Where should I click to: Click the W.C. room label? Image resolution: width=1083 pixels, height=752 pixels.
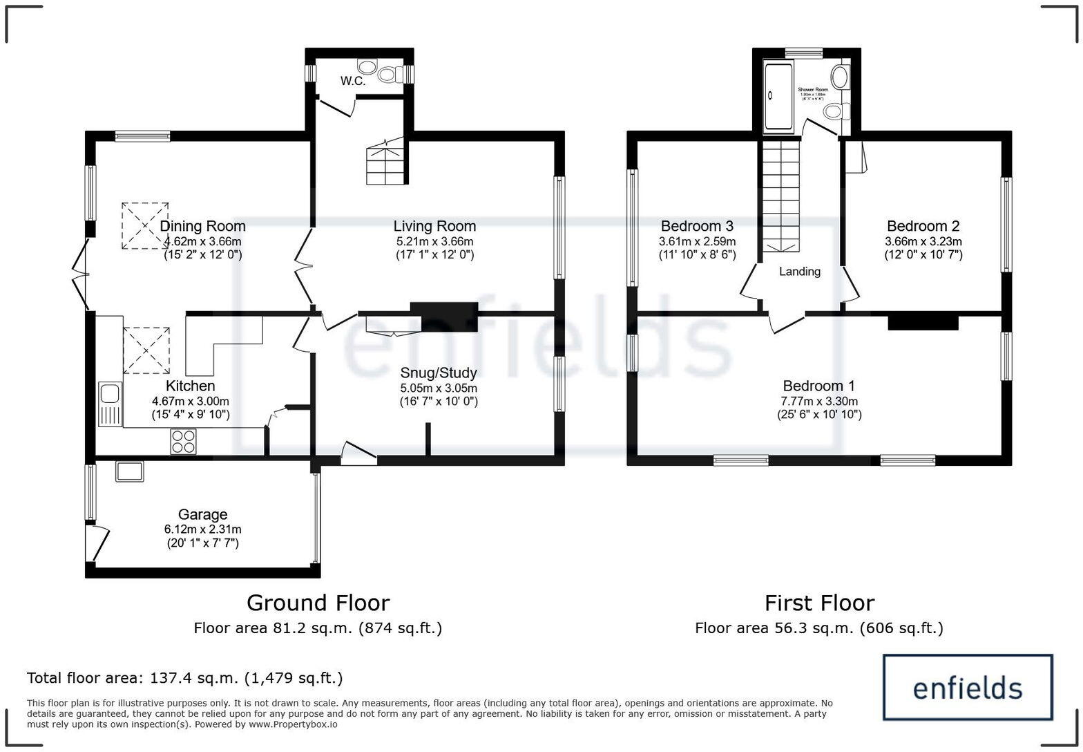(x=352, y=81)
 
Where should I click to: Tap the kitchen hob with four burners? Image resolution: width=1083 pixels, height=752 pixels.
(x=183, y=442)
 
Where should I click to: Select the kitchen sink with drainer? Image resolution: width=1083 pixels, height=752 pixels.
(x=110, y=404)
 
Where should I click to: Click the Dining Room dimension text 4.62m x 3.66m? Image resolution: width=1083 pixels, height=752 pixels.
(x=202, y=241)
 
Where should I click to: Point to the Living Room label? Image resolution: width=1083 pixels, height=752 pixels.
(x=434, y=226)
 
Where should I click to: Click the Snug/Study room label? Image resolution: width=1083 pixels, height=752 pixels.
(x=439, y=373)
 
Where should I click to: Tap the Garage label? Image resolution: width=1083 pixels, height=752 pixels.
(x=202, y=514)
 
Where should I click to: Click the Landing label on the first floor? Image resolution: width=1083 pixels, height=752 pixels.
(x=800, y=272)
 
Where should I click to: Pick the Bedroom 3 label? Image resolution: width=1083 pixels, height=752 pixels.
(x=697, y=226)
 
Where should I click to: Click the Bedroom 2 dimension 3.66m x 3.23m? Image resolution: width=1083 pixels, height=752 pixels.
(x=923, y=241)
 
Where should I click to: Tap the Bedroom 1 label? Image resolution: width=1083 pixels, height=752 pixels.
(x=818, y=386)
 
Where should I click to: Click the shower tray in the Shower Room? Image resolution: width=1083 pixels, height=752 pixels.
(x=778, y=98)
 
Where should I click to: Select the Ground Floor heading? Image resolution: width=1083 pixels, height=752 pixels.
(x=318, y=603)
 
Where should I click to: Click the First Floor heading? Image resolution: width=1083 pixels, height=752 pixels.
(x=819, y=603)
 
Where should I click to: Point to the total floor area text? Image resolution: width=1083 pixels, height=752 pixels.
(x=184, y=677)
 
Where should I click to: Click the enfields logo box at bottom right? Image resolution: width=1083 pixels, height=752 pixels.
(x=968, y=688)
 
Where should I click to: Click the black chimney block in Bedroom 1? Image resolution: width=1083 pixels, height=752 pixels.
(x=923, y=322)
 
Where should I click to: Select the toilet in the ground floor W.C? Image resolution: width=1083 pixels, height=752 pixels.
(x=390, y=72)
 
